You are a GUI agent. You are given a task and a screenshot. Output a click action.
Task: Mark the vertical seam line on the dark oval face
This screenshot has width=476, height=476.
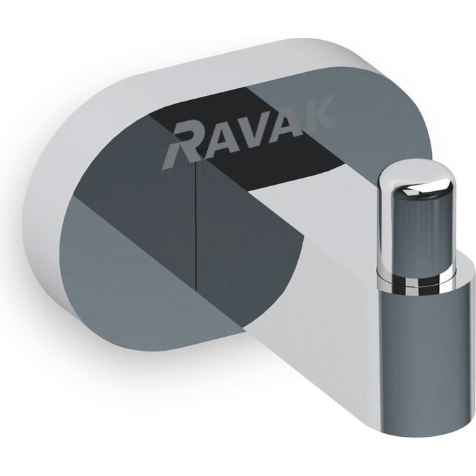[x=195, y=231]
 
